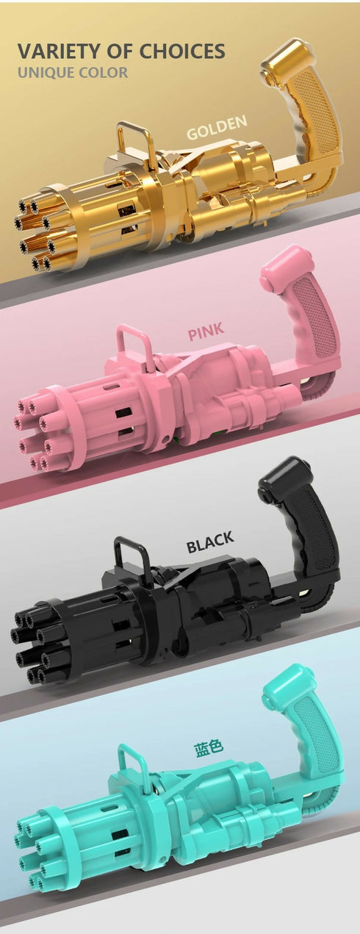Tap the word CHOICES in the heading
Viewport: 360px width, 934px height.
[x=182, y=51]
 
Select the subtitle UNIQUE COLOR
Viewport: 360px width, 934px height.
[x=73, y=73]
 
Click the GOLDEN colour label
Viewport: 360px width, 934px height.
[x=217, y=127]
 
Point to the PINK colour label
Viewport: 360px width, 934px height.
[x=206, y=331]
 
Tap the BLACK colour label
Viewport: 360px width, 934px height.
[x=210, y=542]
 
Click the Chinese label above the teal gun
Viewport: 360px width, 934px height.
[x=209, y=747]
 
